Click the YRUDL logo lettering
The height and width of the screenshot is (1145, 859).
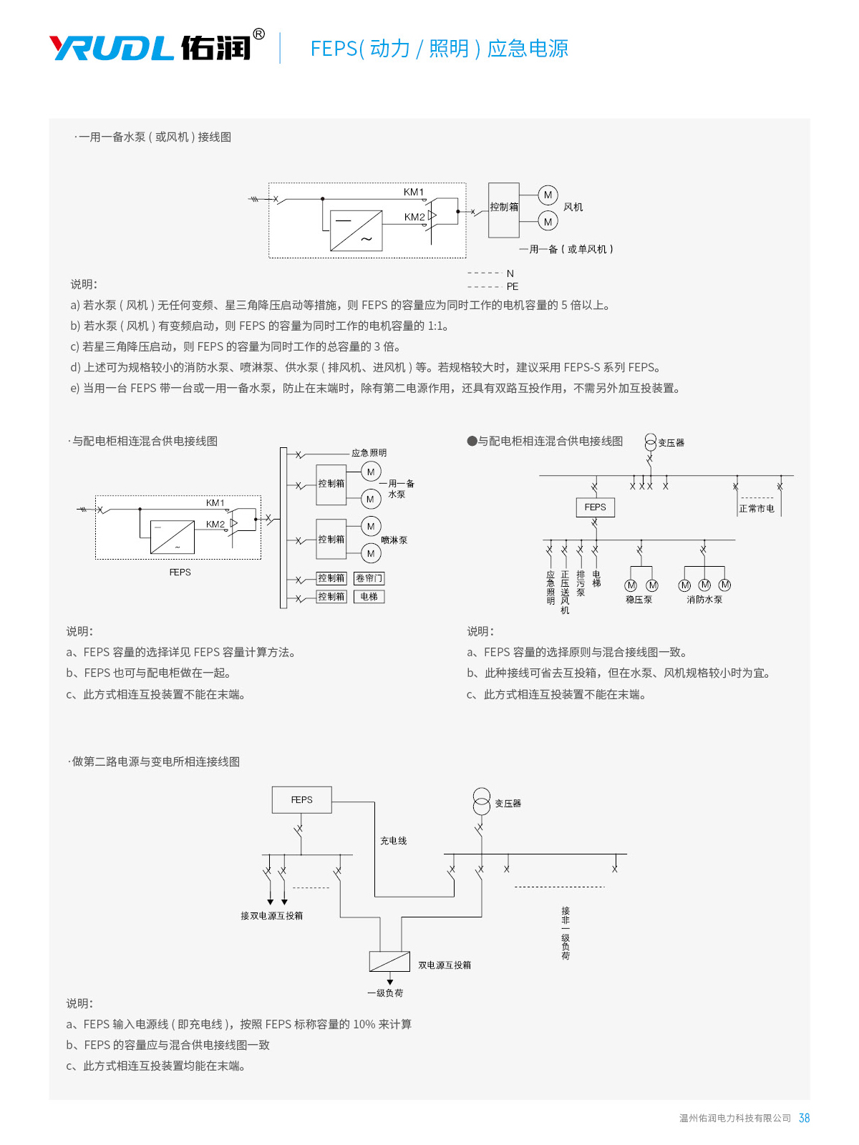point(112,48)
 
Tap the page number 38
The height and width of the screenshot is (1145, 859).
point(804,1118)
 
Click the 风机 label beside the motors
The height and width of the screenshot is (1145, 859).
point(573,208)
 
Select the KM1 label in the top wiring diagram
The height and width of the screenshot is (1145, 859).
point(414,192)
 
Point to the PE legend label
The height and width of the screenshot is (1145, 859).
point(513,286)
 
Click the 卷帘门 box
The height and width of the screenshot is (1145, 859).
point(369,578)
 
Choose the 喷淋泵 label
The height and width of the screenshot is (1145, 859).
point(394,540)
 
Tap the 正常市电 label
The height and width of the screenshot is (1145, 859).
point(757,509)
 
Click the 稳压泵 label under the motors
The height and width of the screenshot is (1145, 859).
point(639,600)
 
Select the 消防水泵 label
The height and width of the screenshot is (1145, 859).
point(704,600)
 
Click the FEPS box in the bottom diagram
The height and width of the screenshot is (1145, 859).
point(301,800)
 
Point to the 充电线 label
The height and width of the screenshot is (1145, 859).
point(393,841)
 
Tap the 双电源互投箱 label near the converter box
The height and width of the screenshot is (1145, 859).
point(445,965)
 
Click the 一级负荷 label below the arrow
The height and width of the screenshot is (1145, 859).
point(385,993)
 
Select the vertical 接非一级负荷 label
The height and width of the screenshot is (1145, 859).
point(566,933)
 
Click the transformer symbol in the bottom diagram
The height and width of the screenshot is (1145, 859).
point(481,801)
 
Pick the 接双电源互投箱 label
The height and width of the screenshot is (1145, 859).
point(271,916)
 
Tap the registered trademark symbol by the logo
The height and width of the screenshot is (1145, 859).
point(259,34)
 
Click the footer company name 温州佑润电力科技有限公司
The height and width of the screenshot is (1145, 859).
point(734,1118)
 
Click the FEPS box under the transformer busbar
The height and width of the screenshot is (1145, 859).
point(595,507)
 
